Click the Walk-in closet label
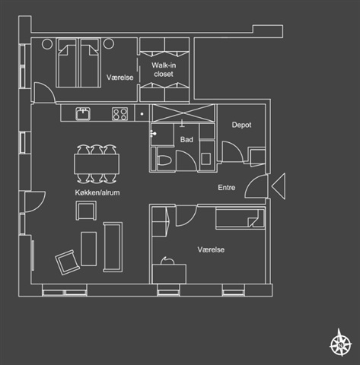tap(164, 70)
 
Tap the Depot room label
tap(241, 125)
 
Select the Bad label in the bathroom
tap(186, 139)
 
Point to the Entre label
tap(227, 188)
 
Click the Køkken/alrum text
tap(97, 192)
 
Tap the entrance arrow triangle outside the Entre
tap(280, 186)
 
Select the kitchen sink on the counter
tap(83, 113)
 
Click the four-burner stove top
tap(119, 114)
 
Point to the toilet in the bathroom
tap(164, 160)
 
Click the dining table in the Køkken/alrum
tap(97, 164)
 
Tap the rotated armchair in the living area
tap(68, 262)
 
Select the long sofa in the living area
tap(113, 247)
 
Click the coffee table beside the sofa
tap(88, 249)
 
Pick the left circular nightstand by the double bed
tap(47, 44)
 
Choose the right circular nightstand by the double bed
tap(109, 43)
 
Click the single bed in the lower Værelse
tap(240, 218)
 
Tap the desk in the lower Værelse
tap(169, 274)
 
